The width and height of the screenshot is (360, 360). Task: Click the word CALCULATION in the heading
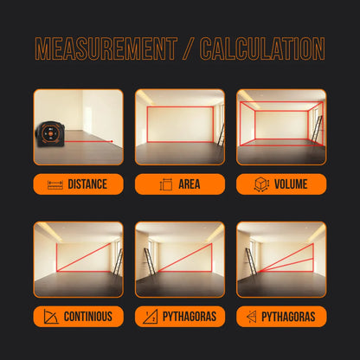[x=263, y=48]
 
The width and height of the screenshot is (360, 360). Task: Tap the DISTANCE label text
[x=87, y=184]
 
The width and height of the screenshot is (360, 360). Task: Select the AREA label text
[x=189, y=184]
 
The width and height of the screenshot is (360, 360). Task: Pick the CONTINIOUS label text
[x=87, y=316]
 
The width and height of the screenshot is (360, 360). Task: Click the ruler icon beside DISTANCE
[x=55, y=184]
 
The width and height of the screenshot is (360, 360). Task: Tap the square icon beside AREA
[x=166, y=184]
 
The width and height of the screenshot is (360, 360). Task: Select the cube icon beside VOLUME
[x=262, y=184]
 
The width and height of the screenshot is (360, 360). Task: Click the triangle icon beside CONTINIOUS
[x=51, y=316]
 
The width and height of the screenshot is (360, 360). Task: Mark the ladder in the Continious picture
[x=117, y=263]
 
